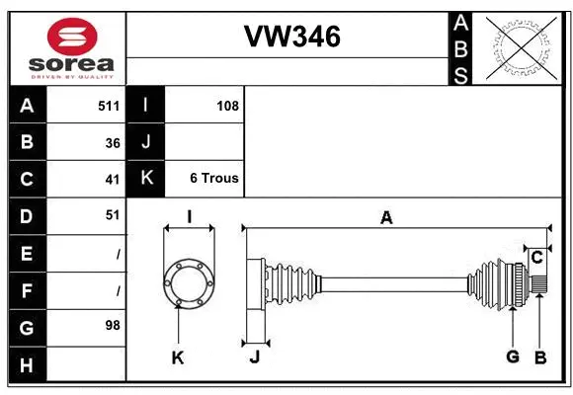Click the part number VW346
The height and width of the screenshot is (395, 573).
click(291, 38)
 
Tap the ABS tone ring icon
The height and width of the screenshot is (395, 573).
click(522, 46)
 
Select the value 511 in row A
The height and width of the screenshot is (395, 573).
click(109, 106)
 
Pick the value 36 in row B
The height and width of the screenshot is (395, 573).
click(113, 142)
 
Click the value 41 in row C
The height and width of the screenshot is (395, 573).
click(113, 179)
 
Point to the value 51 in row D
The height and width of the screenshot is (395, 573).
click(113, 214)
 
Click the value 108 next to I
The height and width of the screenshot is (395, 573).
click(227, 106)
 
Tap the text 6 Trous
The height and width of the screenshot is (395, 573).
click(214, 179)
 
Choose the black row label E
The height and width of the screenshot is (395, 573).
click(27, 253)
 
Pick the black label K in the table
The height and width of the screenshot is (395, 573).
click(146, 179)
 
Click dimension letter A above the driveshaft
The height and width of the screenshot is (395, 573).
click(386, 217)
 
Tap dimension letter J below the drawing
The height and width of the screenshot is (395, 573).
click(254, 357)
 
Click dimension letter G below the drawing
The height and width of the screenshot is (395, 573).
click(512, 357)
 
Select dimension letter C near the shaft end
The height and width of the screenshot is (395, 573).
click(536, 257)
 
